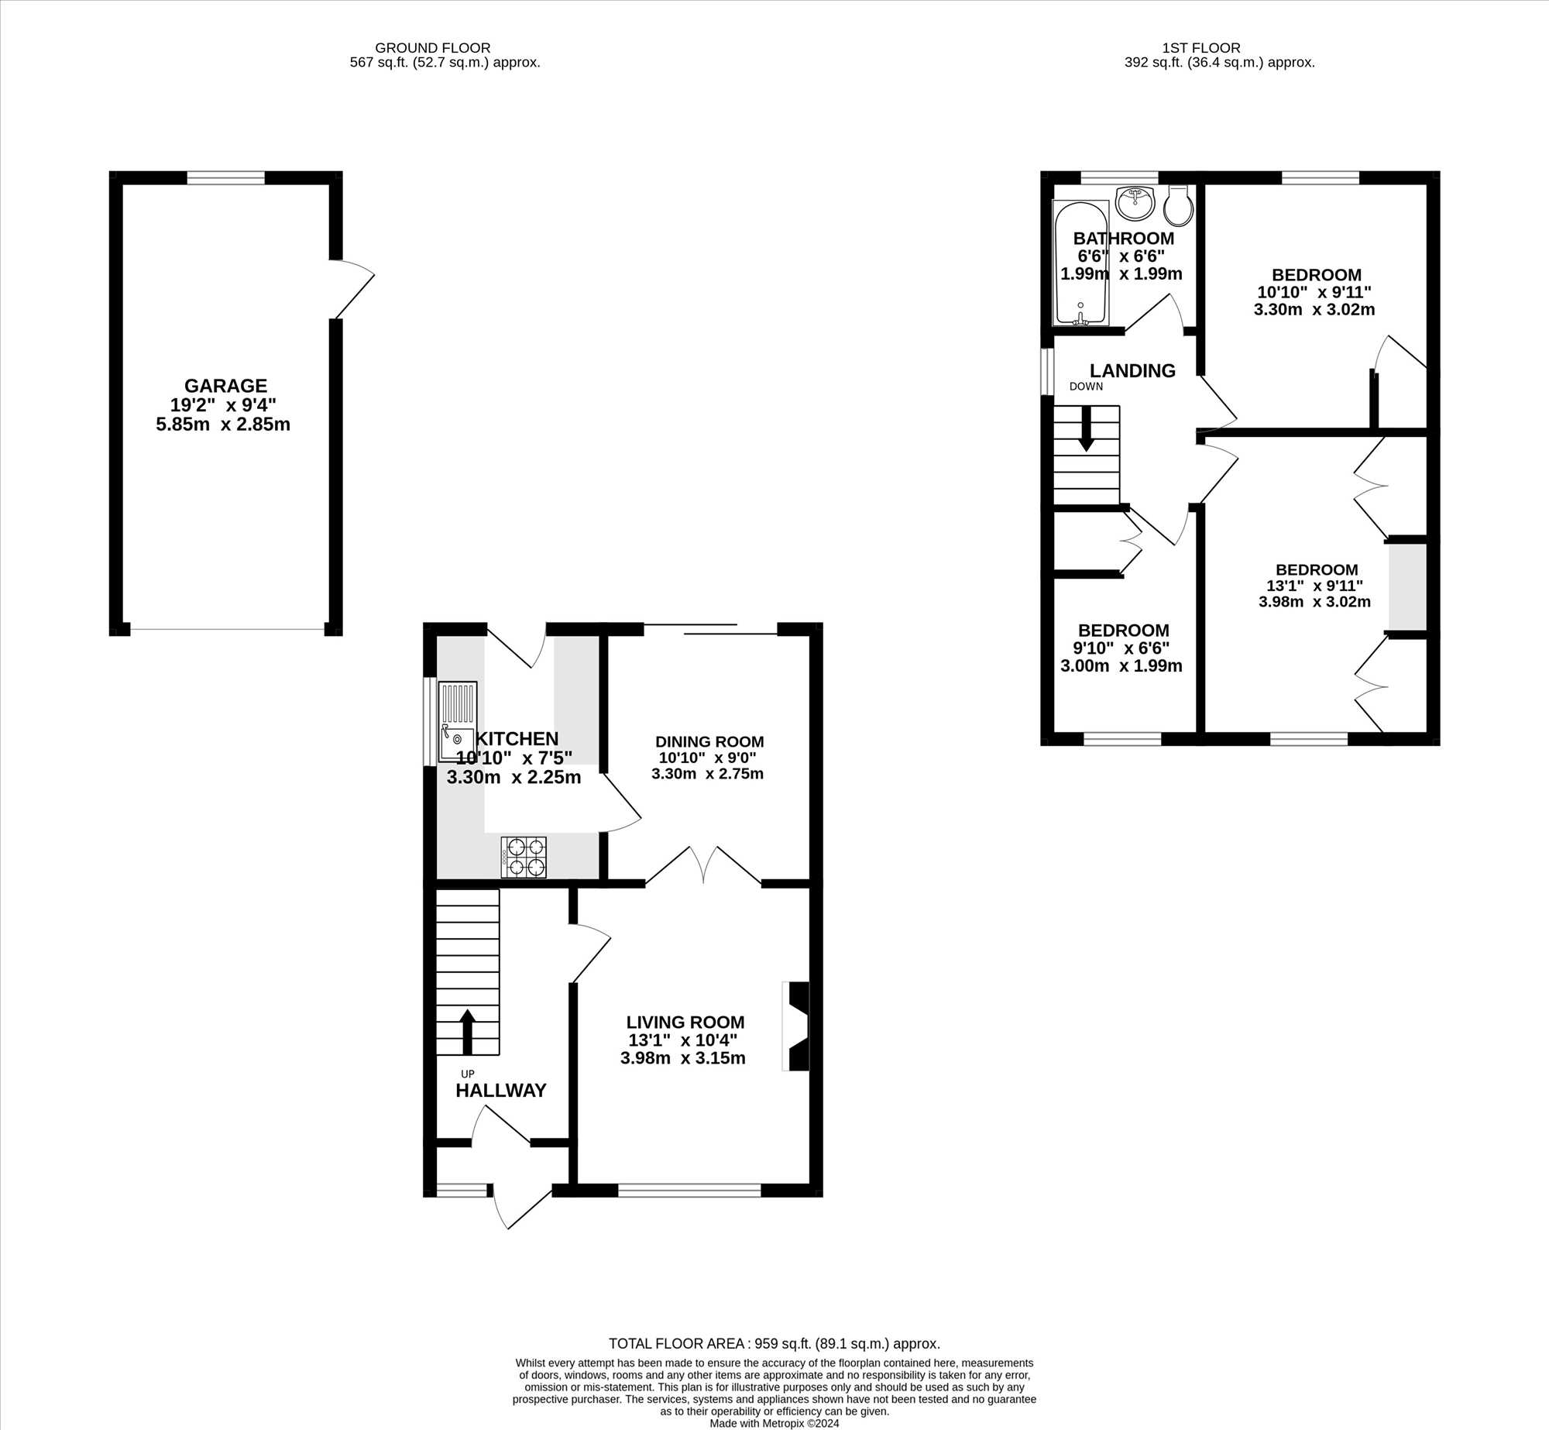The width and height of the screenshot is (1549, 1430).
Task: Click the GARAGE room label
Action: [225, 386]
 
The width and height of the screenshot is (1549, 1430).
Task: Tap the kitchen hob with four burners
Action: [524, 858]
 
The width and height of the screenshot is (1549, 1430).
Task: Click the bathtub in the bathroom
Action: [1080, 263]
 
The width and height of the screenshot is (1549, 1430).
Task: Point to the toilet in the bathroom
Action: [1178, 205]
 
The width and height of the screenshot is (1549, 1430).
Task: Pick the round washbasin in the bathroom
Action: [1135, 202]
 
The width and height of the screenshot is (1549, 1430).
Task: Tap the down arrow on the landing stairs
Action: [1086, 428]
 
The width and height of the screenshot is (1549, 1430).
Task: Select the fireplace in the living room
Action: [796, 1026]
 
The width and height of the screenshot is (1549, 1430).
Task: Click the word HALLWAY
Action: [500, 1091]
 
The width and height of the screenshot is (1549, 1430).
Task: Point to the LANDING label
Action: [1132, 371]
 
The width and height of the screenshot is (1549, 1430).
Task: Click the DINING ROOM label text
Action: [709, 741]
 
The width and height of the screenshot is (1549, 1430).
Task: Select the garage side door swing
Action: [352, 290]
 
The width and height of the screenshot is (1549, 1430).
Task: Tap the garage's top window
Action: [225, 178]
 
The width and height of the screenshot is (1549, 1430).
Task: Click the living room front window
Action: [689, 1190]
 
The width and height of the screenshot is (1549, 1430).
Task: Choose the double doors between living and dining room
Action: [703, 865]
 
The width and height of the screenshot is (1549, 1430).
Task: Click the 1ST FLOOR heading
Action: [1201, 48]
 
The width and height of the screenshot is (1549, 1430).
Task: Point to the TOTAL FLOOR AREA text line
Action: [774, 1344]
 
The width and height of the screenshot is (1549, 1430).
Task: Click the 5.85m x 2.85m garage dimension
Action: [223, 425]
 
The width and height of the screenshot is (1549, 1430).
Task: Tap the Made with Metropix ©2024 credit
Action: [774, 1423]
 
